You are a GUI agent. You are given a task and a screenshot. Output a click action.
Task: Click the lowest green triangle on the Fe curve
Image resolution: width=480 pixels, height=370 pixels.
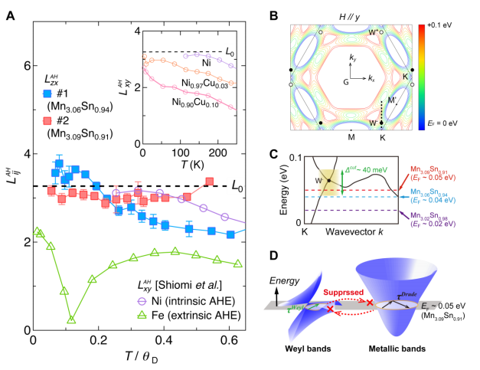pos(71,319)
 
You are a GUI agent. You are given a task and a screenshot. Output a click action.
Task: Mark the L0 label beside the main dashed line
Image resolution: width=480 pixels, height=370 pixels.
pos(238,186)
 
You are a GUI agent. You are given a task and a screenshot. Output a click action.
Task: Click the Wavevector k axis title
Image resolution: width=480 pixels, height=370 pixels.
pos(351,231)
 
